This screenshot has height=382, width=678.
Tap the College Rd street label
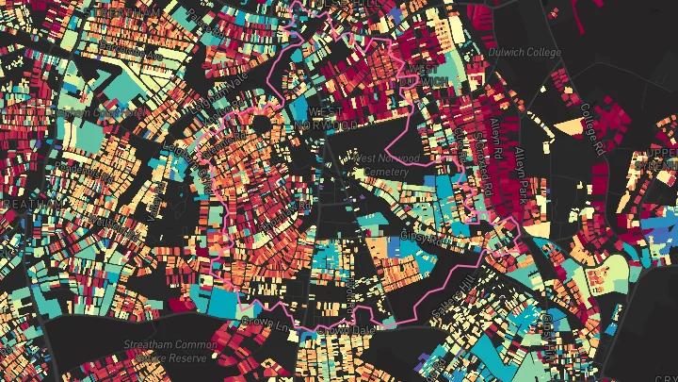(592, 129)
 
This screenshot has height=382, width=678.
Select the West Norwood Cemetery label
(385, 165)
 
